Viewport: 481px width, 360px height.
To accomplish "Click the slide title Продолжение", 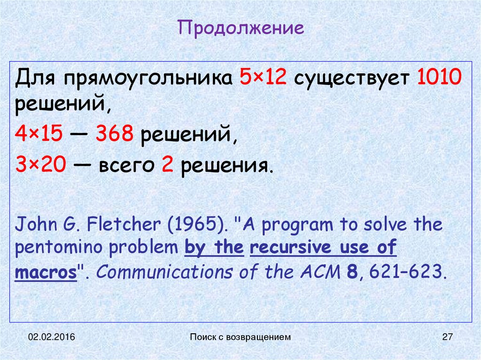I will pyautogui.click(x=240, y=28).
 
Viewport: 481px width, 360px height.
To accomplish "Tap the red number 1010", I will pyautogui.click(x=440, y=77).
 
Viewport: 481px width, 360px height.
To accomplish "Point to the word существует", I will pyautogui.click(x=352, y=78).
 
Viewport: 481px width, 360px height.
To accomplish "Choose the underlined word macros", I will pyautogui.click(x=46, y=273).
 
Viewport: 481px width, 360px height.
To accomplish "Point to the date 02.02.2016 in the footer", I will pyautogui.click(x=49, y=337).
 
